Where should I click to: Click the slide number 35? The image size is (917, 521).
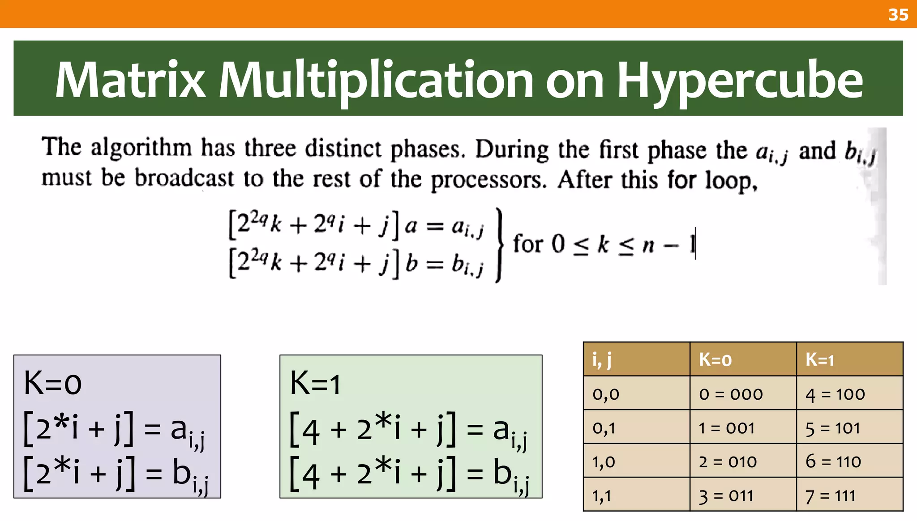tap(898, 15)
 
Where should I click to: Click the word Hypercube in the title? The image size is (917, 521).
tap(740, 81)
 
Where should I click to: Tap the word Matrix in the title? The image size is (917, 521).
tap(130, 81)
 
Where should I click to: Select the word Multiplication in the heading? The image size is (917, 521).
tap(375, 81)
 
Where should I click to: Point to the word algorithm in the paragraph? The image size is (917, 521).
tap(141, 148)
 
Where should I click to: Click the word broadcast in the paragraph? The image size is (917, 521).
tap(184, 178)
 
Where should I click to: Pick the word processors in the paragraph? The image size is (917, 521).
tap(488, 180)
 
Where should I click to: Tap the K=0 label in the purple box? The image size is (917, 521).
tap(53, 383)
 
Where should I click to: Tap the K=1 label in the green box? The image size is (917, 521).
tap(315, 383)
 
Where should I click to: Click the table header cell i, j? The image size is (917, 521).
tap(602, 359)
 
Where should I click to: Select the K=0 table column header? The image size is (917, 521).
tap(715, 359)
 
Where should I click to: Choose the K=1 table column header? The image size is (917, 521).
tap(819, 359)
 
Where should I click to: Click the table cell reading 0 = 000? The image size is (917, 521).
tap(731, 394)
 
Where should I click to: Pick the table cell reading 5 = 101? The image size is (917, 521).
tap(833, 428)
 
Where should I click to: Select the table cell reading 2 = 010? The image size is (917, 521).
tap(728, 461)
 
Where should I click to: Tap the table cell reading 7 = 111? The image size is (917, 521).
tap(830, 495)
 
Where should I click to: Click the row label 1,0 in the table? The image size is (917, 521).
tap(604, 461)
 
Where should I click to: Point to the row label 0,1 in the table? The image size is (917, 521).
tap(604, 428)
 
